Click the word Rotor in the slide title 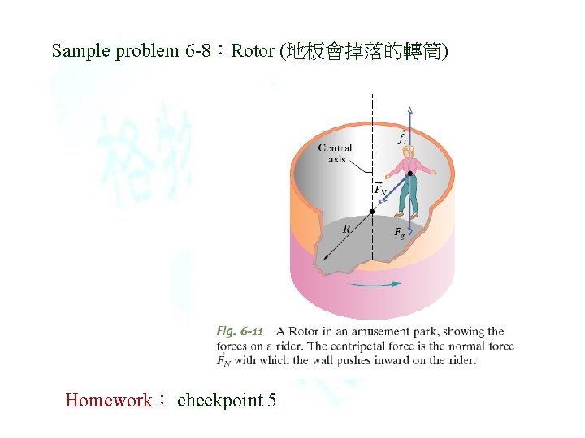coord(252,51)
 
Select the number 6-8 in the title coord(200,51)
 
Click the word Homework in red coord(108,400)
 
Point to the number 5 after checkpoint coord(271,400)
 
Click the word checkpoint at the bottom coord(219,400)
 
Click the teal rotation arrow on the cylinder coord(373,284)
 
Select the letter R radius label coord(346,230)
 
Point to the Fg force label coord(400,233)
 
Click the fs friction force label coord(401,138)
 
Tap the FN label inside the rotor coord(379,189)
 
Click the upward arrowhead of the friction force coord(410,110)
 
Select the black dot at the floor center coord(372,212)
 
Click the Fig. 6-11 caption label coord(240,331)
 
